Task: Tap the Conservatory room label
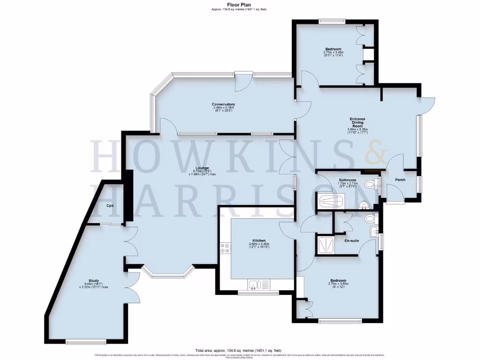coord(223,104)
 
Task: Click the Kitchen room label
coord(259,240)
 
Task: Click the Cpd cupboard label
coord(110,206)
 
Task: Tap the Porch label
coord(400,180)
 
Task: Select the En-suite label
coord(352,240)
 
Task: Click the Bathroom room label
coord(348,180)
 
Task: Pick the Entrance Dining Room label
coord(357,122)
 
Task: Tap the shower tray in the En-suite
coord(325,246)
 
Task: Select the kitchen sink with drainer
coord(258,284)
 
